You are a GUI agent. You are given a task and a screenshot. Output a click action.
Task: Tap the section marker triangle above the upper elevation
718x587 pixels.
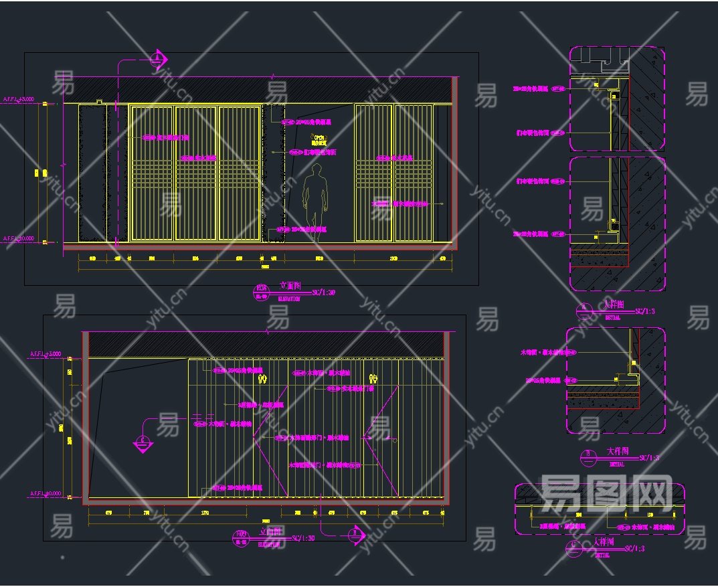(x=158, y=60)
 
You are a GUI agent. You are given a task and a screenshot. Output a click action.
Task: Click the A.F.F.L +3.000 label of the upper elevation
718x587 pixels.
(x=18, y=100)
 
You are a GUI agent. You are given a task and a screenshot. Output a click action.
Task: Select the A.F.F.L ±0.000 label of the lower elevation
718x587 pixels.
(x=46, y=494)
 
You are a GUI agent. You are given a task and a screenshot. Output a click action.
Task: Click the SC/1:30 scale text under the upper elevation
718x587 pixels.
(x=324, y=292)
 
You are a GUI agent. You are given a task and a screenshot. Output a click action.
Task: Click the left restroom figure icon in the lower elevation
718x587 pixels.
(x=262, y=378)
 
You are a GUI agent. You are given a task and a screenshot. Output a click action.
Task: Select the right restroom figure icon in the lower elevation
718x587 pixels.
(x=373, y=378)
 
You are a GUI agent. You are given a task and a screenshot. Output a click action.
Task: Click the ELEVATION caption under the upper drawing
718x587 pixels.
(x=289, y=299)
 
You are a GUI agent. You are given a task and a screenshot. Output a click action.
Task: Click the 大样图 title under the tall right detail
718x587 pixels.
(x=614, y=305)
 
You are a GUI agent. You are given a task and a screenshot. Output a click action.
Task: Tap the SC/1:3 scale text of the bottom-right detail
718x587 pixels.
(x=634, y=550)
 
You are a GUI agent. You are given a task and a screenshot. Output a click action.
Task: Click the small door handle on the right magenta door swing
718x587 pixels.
(x=395, y=440)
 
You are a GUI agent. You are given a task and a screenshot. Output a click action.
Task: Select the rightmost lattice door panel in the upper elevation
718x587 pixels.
(x=412, y=172)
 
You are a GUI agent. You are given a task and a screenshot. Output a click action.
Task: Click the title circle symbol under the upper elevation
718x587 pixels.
(x=260, y=292)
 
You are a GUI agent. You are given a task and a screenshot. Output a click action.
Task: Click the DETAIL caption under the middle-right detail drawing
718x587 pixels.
(x=616, y=464)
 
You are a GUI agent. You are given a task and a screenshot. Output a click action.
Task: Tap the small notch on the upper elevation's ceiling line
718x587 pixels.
(x=98, y=102)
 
